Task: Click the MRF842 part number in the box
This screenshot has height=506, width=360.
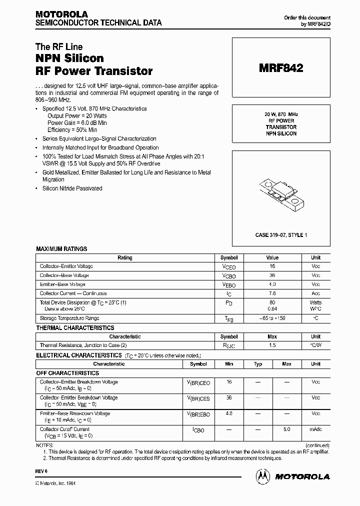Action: point(280,68)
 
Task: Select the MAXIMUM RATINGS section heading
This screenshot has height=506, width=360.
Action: point(61,249)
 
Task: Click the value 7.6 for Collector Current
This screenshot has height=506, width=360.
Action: point(272,293)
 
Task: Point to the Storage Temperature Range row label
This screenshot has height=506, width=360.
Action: point(69,318)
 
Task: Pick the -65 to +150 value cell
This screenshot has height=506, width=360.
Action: point(272,318)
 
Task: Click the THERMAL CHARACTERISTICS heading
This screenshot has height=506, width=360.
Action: point(75,328)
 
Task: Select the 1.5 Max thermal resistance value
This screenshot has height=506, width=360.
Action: point(272,345)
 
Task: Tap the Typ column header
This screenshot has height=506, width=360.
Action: point(258,364)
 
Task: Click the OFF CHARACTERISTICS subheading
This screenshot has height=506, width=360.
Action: point(67,373)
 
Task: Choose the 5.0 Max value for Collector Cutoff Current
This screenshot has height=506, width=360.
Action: point(286,429)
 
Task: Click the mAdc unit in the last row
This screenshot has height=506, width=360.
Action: point(315,429)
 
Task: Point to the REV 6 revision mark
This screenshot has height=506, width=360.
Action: point(41,471)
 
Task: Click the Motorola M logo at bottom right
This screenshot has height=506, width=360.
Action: point(262,476)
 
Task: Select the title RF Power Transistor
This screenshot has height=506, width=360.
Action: point(94,71)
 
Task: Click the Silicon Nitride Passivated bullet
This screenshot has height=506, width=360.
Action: point(72,188)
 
